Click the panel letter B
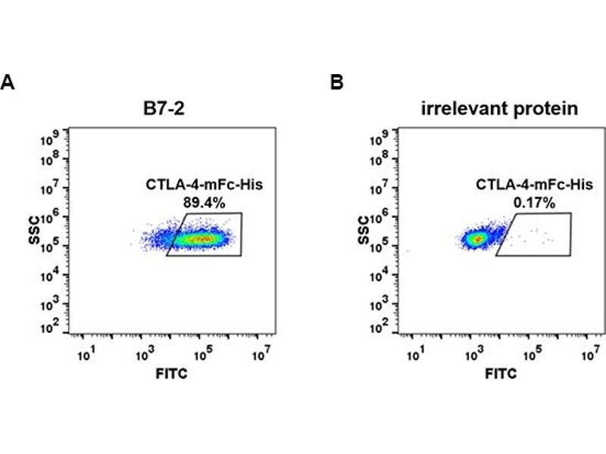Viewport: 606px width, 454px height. tap(338, 82)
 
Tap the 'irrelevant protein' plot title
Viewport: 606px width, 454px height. tap(500, 109)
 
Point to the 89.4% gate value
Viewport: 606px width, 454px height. tap(200, 202)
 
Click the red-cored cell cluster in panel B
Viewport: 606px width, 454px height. tap(476, 239)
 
